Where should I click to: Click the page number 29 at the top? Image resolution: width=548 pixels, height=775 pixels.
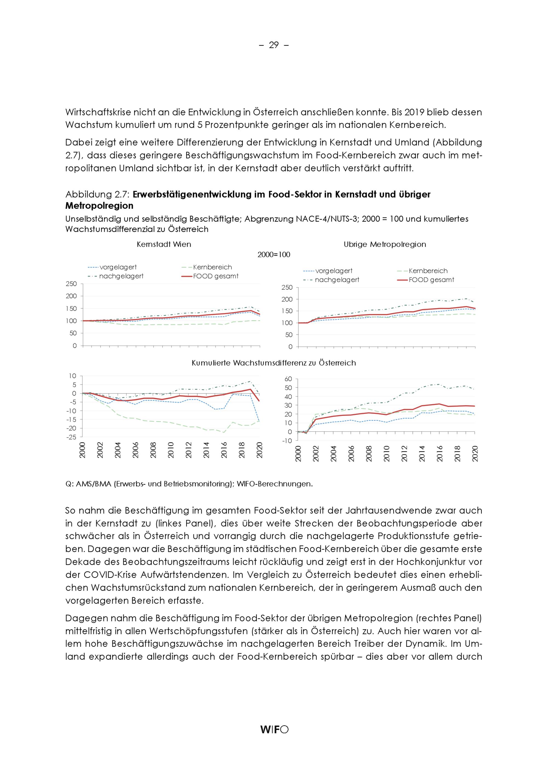tap(274, 45)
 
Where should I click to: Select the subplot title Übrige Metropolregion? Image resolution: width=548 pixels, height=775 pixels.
tap(385, 244)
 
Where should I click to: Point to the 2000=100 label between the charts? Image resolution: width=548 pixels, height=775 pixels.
tap(274, 255)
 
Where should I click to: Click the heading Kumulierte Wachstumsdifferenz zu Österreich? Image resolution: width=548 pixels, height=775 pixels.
tap(274, 363)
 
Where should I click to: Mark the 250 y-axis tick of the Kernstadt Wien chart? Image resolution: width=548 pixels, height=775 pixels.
tap(71, 284)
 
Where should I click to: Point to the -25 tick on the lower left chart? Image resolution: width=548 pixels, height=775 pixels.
tap(72, 437)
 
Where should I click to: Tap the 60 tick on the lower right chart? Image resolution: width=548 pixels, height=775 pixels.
tap(288, 379)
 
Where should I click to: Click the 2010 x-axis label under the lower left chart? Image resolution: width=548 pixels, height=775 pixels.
tap(171, 450)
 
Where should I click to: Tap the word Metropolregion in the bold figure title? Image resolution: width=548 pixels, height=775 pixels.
tap(99, 206)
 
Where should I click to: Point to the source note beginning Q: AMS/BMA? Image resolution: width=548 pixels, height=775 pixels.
tap(189, 484)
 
